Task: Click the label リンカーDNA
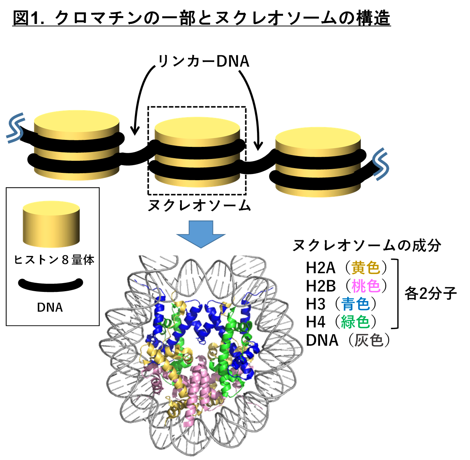click(x=203, y=62)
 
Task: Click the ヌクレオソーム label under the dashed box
click(x=199, y=205)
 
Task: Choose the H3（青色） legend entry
click(x=341, y=304)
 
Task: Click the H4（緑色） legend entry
click(x=341, y=322)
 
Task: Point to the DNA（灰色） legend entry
click(x=348, y=340)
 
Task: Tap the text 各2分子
click(x=430, y=293)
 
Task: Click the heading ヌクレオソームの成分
click(x=367, y=245)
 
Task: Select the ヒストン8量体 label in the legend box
click(x=54, y=260)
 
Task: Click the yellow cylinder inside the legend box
click(x=51, y=224)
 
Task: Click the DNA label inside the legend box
click(x=50, y=307)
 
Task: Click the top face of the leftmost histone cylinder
click(x=77, y=121)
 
